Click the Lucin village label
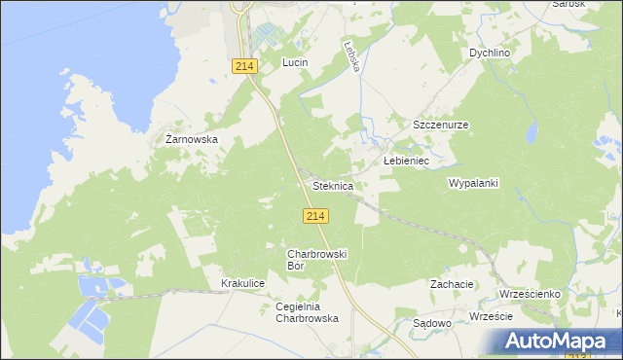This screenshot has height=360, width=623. pyautogui.click(x=295, y=62)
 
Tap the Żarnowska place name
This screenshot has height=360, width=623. pyautogui.click(x=191, y=139)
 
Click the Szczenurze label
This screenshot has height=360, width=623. pyautogui.click(x=441, y=126)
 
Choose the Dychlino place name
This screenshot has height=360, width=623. pyautogui.click(x=490, y=53)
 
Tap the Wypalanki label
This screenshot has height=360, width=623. pyautogui.click(x=473, y=183)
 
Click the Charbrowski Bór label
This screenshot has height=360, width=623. pyautogui.click(x=310, y=260)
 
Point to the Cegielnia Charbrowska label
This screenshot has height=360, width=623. pyautogui.click(x=307, y=312)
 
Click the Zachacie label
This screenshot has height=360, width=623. pyautogui.click(x=452, y=284)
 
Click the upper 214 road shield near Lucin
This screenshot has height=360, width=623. pyautogui.click(x=244, y=65)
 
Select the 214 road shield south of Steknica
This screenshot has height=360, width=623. pyautogui.click(x=313, y=216)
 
